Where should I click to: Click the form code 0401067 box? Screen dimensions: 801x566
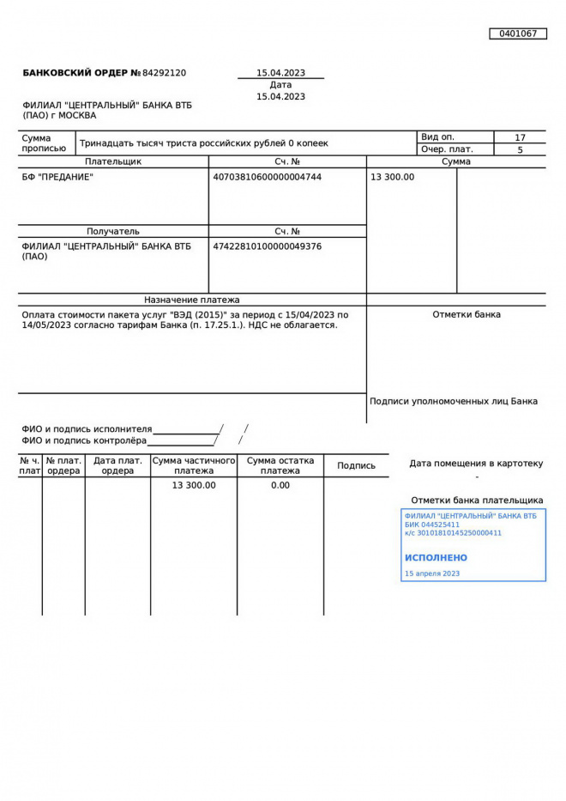[x=518, y=33]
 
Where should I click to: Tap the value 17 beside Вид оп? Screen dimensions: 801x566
[x=520, y=137]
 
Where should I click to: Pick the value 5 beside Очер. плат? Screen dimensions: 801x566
[x=520, y=149]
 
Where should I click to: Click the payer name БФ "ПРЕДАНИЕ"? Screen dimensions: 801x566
[x=57, y=177]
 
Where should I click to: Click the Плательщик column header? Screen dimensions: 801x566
[x=113, y=161]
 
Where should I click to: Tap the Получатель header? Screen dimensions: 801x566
[x=113, y=231]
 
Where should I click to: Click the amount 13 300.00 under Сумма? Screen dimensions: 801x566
[x=392, y=177]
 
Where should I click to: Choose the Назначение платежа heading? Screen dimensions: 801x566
[x=192, y=300]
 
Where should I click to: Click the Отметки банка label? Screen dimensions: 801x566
[x=467, y=314]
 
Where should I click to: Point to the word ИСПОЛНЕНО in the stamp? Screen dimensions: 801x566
[x=436, y=557]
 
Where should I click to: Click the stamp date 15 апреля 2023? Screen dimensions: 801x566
[x=432, y=573]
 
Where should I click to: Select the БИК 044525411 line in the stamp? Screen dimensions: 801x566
[x=432, y=525]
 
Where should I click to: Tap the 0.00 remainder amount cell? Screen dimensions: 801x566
[x=280, y=485]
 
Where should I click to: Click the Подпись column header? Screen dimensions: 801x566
[x=356, y=465]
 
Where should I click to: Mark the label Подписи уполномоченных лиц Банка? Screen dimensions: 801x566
[x=454, y=401]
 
